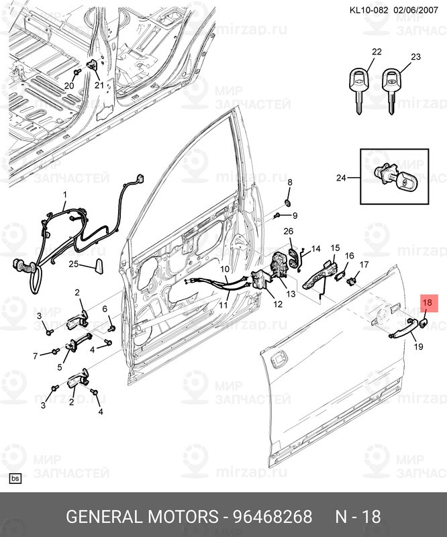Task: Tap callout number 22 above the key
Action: pyautogui.click(x=377, y=52)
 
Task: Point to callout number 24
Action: pyautogui.click(x=342, y=178)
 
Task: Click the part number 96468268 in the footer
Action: pyautogui.click(x=272, y=517)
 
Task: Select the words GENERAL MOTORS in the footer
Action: pyautogui.click(x=142, y=517)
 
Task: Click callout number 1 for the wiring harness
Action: pyautogui.click(x=65, y=195)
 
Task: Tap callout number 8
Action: pyautogui.click(x=290, y=183)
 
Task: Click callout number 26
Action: pyautogui.click(x=288, y=232)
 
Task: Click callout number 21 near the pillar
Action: pyautogui.click(x=99, y=85)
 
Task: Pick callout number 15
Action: pyautogui.click(x=335, y=248)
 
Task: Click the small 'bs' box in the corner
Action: pyautogui.click(x=15, y=479)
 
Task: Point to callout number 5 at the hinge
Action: pyautogui.click(x=59, y=367)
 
